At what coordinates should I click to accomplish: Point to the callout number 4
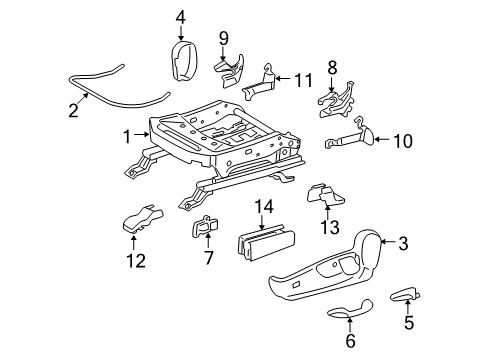pyautogui.click(x=180, y=16)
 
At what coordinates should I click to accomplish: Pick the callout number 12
pyautogui.click(x=135, y=261)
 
